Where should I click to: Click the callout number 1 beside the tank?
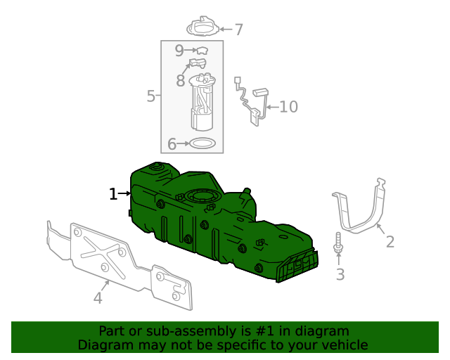tap(113, 193)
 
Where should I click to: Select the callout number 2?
tap(390, 242)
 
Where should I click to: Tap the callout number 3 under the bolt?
tap(340, 274)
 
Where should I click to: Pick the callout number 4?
tap(98, 298)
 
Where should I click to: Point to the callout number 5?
tap(150, 96)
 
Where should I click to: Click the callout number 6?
tap(172, 144)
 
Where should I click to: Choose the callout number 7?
tap(238, 30)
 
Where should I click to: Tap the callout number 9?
tap(179, 51)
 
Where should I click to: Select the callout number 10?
tap(288, 107)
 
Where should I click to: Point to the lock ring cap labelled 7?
tap(204, 27)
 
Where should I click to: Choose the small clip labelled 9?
tap(202, 51)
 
